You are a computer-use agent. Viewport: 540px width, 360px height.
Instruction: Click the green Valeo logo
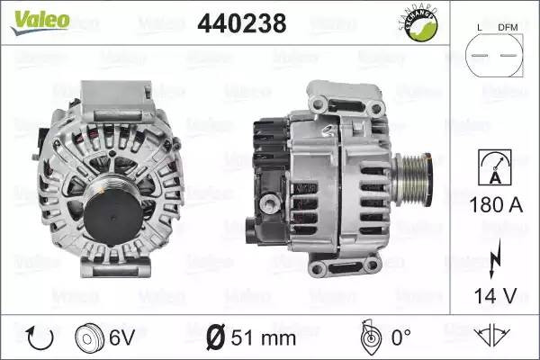click(x=40, y=22)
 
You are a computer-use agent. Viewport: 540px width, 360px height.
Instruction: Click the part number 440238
click(x=242, y=23)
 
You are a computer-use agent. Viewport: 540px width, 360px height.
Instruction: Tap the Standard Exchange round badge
click(x=418, y=23)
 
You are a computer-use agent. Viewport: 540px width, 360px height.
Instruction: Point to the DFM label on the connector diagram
click(x=508, y=27)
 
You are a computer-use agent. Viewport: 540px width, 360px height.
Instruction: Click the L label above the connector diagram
click(x=480, y=28)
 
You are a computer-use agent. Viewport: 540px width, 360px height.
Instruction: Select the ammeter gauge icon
click(x=495, y=167)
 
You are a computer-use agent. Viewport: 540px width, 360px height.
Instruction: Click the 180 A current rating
click(x=496, y=205)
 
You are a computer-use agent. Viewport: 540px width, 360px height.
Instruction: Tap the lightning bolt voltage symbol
click(x=495, y=258)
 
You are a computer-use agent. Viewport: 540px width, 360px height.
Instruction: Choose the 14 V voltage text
click(x=496, y=295)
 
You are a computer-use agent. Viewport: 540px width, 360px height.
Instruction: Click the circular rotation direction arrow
click(x=40, y=338)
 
